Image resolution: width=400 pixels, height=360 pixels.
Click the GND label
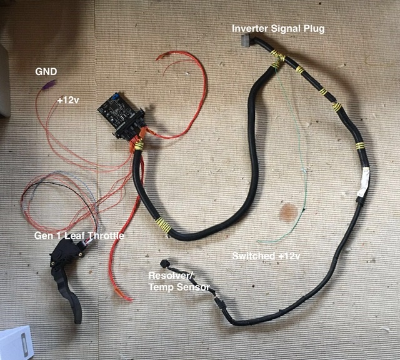pyautogui.click(x=46, y=72)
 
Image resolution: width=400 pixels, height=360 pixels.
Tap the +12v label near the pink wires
pyautogui.click(x=68, y=100)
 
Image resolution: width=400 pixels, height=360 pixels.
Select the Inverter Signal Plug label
pyautogui.click(x=278, y=29)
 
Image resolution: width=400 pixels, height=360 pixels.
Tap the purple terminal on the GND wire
pyautogui.click(x=49, y=85)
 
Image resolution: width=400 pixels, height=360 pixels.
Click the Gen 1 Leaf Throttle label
pyautogui.click(x=79, y=235)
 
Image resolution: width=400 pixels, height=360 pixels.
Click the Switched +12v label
pyautogui.click(x=266, y=256)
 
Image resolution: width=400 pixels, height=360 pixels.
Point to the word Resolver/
pyautogui.click(x=171, y=276)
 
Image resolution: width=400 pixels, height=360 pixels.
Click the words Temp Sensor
pyautogui.click(x=179, y=287)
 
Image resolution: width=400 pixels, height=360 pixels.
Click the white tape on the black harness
pyautogui.click(x=364, y=182)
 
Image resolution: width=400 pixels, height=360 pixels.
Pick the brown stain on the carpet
pyautogui.click(x=288, y=212)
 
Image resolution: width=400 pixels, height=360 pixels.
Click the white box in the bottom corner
pyautogui.click(x=16, y=343)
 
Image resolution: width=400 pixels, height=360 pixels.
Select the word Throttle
pyautogui.click(x=105, y=235)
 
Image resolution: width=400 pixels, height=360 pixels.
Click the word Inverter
pyautogui.click(x=250, y=28)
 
